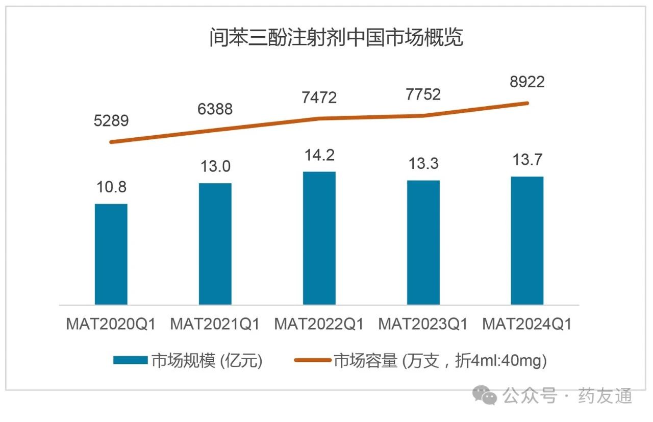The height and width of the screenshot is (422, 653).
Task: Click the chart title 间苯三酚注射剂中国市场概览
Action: [x=336, y=38]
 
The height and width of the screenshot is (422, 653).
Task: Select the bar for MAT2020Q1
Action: [x=111, y=254]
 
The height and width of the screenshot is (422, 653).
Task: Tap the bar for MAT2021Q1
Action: [x=215, y=244]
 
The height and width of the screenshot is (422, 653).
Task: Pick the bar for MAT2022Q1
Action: [x=319, y=238]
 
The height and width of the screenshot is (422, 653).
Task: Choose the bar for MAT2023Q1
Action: [x=423, y=242]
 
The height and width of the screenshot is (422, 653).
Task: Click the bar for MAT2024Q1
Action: [x=527, y=241]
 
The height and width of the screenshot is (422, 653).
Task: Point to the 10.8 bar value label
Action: [x=111, y=187]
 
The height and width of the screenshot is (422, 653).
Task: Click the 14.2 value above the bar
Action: [x=319, y=155]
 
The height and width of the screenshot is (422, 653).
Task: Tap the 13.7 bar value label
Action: [x=527, y=160]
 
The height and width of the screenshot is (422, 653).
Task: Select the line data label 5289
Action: [x=111, y=121]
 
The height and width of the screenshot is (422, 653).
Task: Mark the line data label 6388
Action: [x=215, y=109]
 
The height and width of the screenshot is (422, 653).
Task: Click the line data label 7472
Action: [x=319, y=97]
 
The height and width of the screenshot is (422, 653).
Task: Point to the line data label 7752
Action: [x=423, y=94]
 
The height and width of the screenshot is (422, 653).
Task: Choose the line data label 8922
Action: [x=527, y=82]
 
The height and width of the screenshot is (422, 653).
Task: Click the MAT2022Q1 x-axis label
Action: [x=319, y=324]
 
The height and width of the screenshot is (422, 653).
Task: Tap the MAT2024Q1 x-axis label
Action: [x=527, y=324]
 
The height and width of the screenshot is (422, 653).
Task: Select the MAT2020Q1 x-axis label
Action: [x=111, y=324]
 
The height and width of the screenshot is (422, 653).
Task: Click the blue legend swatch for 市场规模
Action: [x=130, y=360]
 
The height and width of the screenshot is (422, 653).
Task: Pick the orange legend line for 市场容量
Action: [x=312, y=360]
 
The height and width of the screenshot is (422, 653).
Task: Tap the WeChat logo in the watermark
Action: [x=484, y=395]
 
